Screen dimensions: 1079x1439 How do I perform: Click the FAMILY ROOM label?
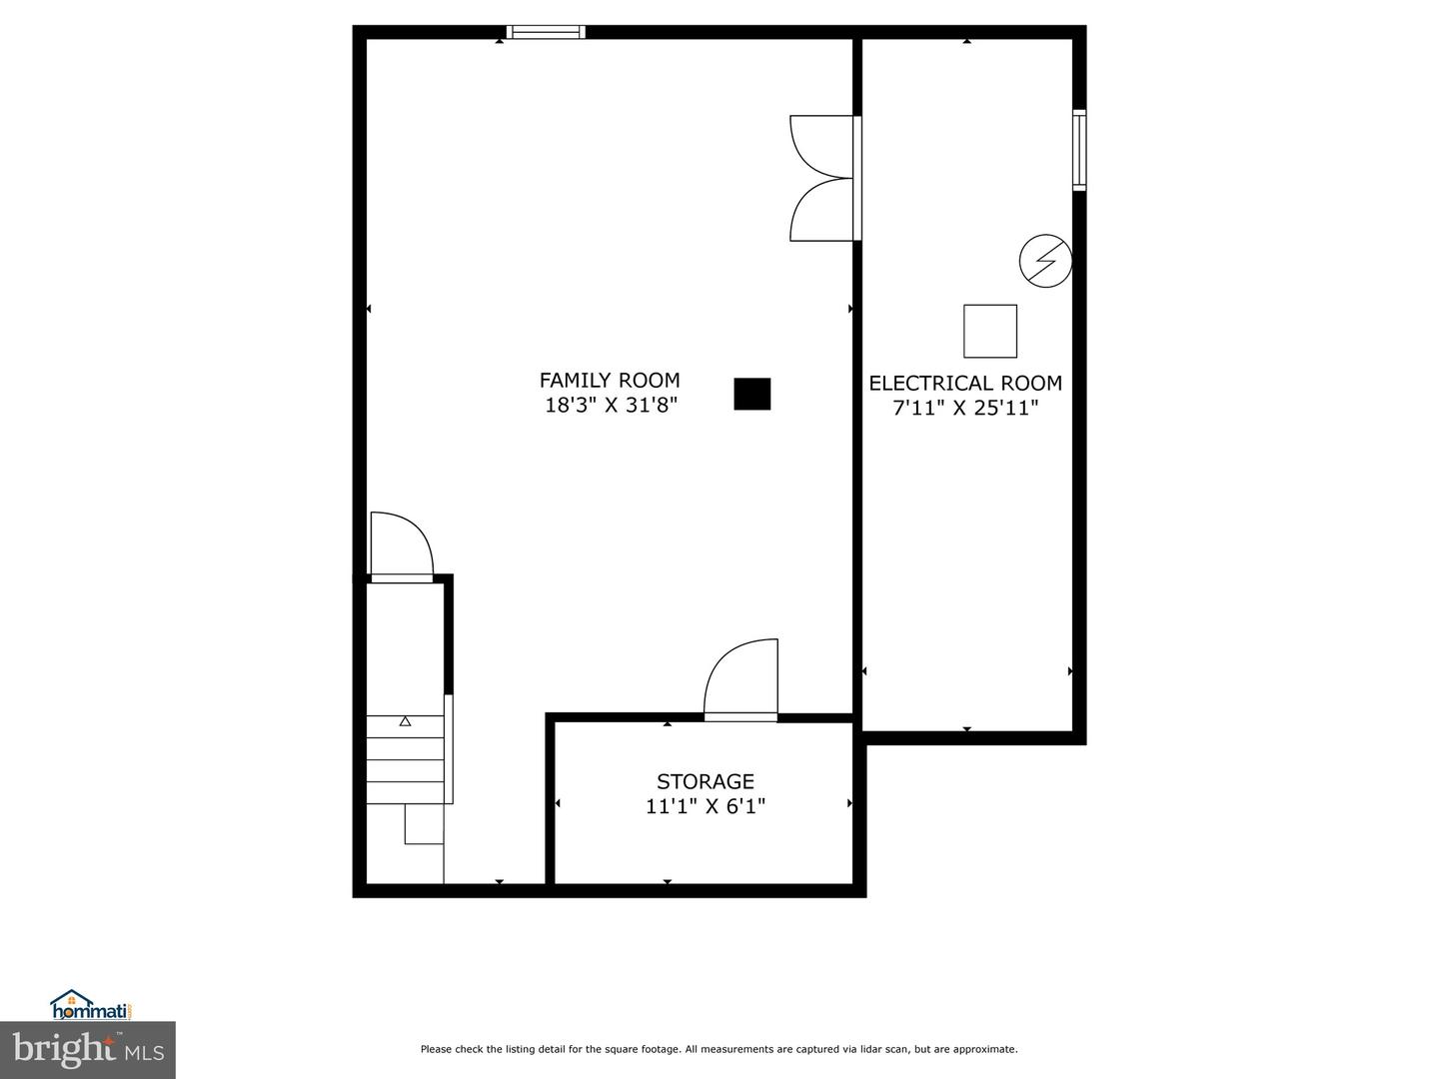610,381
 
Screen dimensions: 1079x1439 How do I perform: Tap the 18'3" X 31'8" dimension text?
611,406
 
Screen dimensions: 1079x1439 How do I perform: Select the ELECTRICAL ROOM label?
965,383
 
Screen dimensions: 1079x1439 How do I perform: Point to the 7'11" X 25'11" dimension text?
965,408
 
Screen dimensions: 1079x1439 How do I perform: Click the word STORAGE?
705,781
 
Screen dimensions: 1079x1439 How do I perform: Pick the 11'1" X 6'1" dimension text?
706,806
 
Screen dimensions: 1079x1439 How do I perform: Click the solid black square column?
752,394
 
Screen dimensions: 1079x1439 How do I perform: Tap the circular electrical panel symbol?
1045,262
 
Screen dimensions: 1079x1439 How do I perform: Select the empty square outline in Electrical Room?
990,331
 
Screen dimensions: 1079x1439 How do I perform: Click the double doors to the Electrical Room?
823,179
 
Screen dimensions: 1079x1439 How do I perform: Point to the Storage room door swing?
741,679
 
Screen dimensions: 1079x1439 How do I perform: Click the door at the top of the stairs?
402,545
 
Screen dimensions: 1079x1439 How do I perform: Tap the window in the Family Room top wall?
546,32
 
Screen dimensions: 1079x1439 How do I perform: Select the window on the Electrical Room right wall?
1079,150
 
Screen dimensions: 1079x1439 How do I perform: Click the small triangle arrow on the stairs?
405,721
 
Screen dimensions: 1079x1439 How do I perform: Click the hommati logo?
91,1004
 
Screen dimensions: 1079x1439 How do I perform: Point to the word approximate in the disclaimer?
985,1049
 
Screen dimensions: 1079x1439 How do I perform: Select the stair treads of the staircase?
405,759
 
